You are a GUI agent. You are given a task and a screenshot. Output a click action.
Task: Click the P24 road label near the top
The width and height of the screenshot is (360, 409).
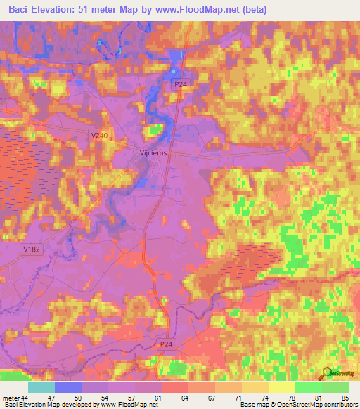[181, 84]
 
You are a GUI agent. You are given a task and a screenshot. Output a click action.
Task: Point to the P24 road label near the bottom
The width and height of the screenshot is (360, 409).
[166, 344]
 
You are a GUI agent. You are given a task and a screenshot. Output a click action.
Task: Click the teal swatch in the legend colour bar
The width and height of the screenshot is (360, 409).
[41, 387]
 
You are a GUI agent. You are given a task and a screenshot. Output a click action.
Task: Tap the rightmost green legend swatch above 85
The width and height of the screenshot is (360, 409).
[335, 387]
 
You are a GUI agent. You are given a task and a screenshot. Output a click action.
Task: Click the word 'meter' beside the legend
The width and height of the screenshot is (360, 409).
[10, 398]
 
